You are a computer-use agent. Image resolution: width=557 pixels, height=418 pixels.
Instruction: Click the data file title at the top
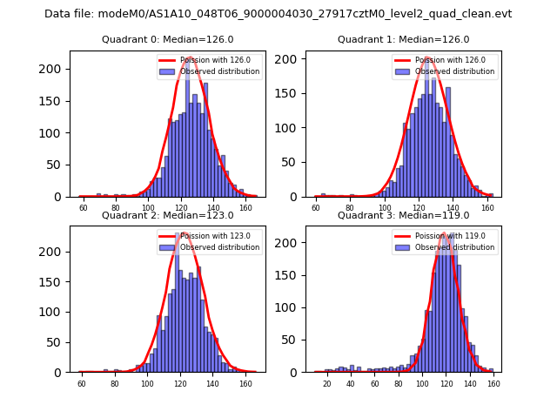point(278,14)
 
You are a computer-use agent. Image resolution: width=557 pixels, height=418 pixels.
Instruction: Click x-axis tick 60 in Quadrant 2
point(82,383)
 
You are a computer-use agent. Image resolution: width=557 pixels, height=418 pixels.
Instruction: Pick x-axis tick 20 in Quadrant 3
point(327,383)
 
